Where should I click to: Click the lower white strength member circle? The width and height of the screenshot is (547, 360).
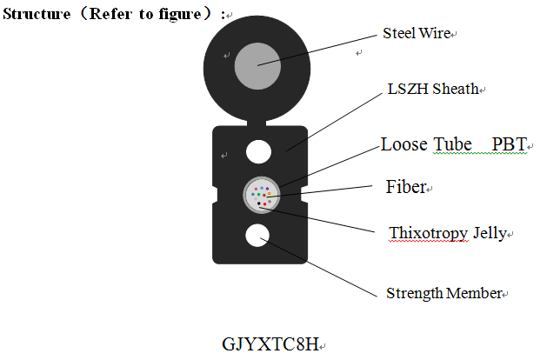click(x=258, y=236)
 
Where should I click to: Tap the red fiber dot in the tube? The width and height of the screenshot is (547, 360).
click(x=264, y=204)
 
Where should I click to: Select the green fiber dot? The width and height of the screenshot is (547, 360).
click(x=258, y=195)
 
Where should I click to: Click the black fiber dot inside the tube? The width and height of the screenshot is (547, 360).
click(x=258, y=203)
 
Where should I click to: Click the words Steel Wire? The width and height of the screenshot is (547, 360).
click(x=417, y=34)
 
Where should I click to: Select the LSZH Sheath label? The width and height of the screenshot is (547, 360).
click(x=432, y=89)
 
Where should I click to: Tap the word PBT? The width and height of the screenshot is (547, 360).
click(x=509, y=143)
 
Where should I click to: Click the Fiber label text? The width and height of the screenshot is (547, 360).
click(x=406, y=187)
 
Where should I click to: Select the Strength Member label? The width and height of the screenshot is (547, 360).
click(x=444, y=293)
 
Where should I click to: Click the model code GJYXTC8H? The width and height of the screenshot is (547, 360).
click(x=270, y=343)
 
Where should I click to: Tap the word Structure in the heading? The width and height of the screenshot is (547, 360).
click(x=37, y=15)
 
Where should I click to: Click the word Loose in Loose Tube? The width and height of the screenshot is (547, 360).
click(x=404, y=143)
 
